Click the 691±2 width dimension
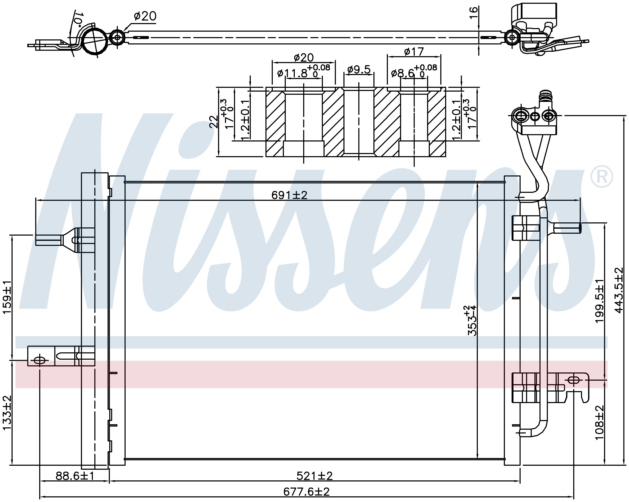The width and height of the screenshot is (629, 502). [x=289, y=195]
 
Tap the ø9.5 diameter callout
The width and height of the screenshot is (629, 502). [x=359, y=70]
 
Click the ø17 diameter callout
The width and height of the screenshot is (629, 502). [x=414, y=52]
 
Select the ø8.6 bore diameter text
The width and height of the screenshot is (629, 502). [x=403, y=73]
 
